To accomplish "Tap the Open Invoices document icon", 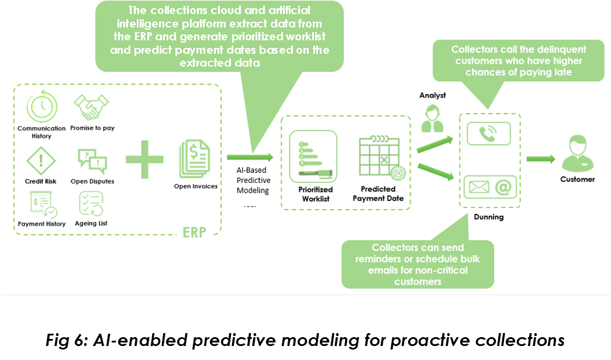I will (x=195, y=158).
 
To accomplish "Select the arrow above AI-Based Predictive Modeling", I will (x=250, y=157).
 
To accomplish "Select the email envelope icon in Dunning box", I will (x=478, y=188).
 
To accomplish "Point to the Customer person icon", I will (x=577, y=153).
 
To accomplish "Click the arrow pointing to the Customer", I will (x=541, y=158).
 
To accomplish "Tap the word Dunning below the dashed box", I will (x=488, y=217).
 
